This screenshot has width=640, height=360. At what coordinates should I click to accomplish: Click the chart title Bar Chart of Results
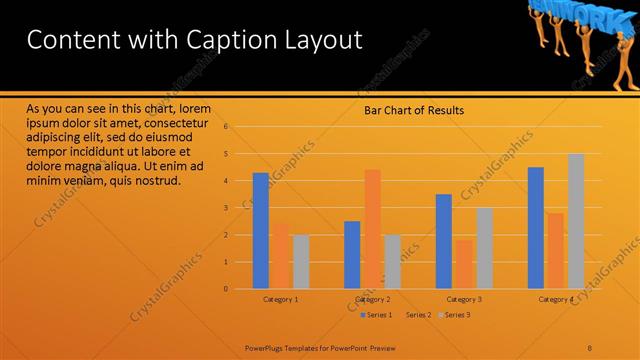click(x=413, y=111)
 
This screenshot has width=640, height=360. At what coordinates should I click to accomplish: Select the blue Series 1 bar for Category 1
click(x=260, y=230)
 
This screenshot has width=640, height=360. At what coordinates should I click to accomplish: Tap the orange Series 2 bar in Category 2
click(x=372, y=229)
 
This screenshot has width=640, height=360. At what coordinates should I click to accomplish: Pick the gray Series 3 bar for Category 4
click(x=576, y=221)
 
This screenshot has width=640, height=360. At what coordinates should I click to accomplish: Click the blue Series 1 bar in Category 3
click(x=444, y=241)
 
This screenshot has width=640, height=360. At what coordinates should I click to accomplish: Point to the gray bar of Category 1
click(x=301, y=262)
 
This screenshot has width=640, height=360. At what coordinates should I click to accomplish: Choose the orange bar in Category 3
click(x=464, y=264)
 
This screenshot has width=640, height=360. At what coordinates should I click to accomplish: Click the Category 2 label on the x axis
click(x=372, y=299)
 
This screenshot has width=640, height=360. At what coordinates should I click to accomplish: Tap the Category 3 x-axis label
click(x=464, y=299)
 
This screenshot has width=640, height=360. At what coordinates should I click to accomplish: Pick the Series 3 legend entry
click(x=456, y=315)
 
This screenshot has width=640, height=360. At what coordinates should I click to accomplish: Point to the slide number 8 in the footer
click(x=590, y=348)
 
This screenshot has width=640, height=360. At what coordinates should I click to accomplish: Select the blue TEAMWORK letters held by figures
click(x=573, y=14)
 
